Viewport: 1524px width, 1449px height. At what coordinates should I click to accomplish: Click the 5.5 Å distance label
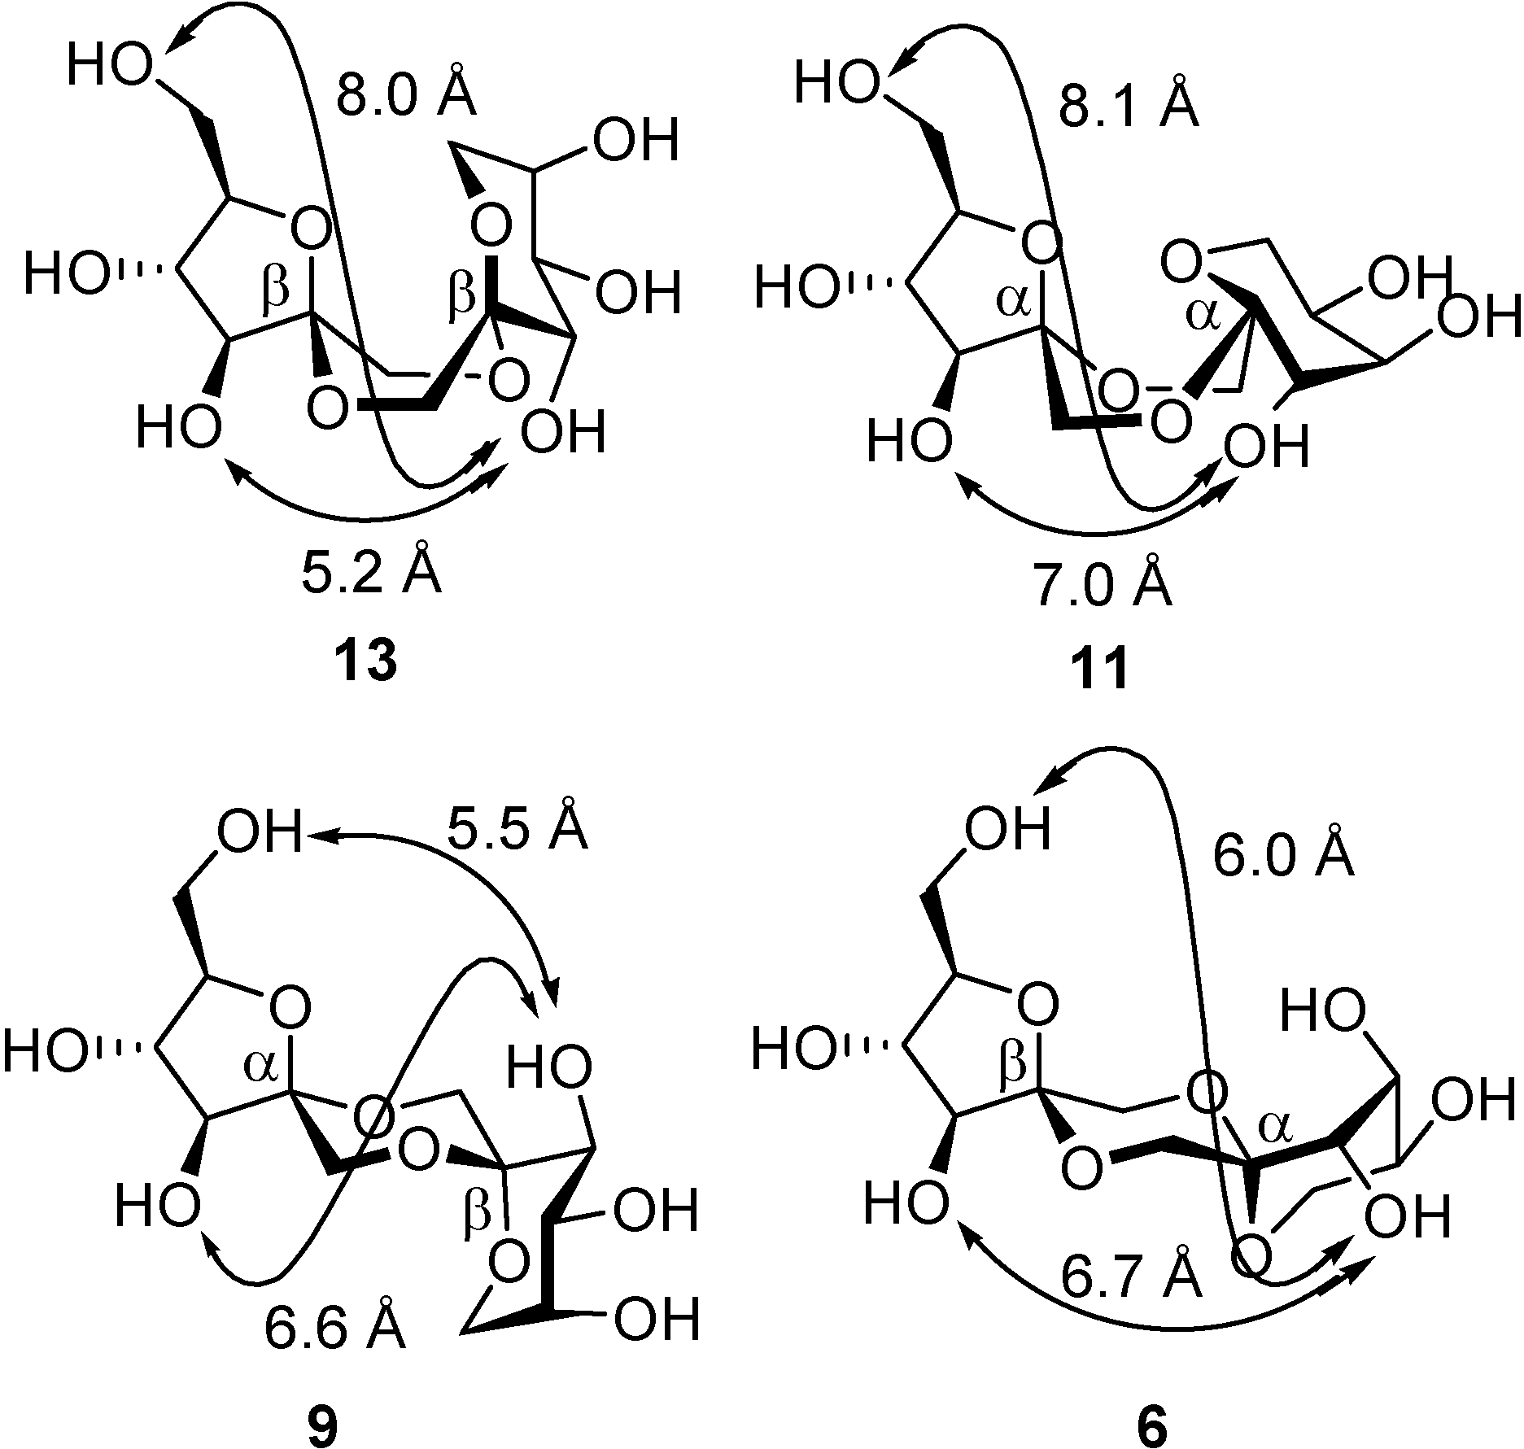[x=516, y=828]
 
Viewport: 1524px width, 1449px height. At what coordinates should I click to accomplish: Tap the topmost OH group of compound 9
[x=258, y=834]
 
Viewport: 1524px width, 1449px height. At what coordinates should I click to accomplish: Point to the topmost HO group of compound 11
[x=836, y=82]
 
